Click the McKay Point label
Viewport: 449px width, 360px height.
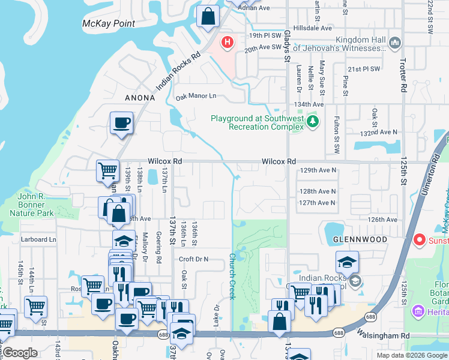click(x=109, y=24)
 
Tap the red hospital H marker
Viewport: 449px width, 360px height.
click(x=228, y=42)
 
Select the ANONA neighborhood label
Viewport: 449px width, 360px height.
click(x=140, y=98)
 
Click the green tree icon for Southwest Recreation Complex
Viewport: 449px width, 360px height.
click(x=312, y=122)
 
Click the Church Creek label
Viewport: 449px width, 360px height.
click(x=232, y=276)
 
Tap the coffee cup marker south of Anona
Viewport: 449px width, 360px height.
click(x=122, y=124)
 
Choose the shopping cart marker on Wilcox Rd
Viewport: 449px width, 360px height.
click(x=107, y=170)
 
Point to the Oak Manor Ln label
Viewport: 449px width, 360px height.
click(x=196, y=96)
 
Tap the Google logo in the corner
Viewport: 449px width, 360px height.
click(x=20, y=353)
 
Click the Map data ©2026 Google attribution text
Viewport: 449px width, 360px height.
click(x=411, y=355)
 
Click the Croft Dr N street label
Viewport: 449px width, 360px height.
click(x=193, y=259)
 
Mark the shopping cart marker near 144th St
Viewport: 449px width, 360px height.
click(x=36, y=307)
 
